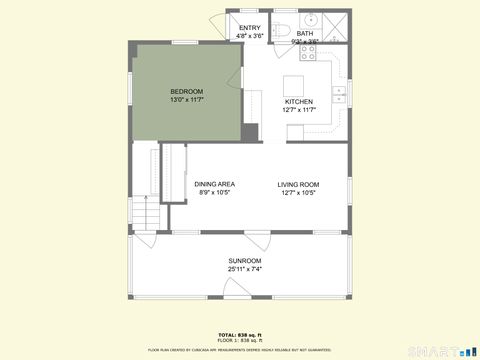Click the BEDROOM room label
186,92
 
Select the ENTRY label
249,28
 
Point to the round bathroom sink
310,19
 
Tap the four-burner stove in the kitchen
308,56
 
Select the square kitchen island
294,84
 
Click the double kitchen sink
339,95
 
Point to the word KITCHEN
299,102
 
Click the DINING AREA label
214,184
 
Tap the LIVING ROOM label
298,184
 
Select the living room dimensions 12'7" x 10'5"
298,192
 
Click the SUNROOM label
244,261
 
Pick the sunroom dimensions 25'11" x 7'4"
244,269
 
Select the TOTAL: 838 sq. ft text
239,334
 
